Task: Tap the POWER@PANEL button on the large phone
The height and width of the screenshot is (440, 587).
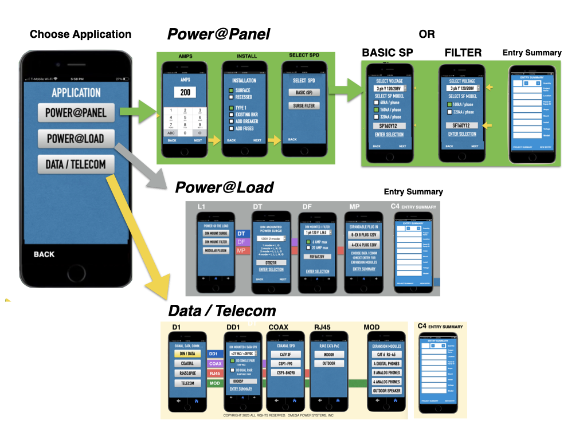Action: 76,112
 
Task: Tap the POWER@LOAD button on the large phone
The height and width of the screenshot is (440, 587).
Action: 76,139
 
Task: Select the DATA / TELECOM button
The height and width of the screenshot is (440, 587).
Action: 76,164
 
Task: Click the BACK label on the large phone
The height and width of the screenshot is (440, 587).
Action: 44,254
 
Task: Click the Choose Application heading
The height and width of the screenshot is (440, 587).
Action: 80,34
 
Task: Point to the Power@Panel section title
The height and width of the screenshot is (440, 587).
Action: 218,34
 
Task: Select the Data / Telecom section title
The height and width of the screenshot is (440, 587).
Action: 222,311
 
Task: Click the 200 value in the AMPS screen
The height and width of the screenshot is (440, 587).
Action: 185,92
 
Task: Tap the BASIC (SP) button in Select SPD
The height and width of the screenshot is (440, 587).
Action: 308,93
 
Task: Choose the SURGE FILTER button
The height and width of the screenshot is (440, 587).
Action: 308,106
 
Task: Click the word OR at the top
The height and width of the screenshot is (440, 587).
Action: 426,34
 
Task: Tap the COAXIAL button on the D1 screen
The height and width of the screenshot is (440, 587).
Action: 187,363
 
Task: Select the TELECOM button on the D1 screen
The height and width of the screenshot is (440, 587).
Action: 187,383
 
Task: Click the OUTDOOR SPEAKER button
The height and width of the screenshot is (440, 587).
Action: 386,391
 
